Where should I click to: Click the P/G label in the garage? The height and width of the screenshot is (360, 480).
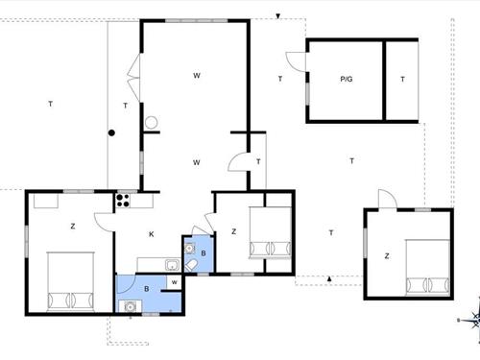pyautogui.click(x=347, y=79)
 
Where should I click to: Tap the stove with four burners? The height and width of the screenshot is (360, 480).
pyautogui.click(x=123, y=201)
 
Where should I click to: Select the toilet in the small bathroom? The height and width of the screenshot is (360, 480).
pyautogui.click(x=191, y=265)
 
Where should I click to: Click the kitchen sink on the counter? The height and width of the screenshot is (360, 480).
pyautogui.click(x=173, y=265)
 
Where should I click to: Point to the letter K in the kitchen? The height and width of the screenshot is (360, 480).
pyautogui.click(x=152, y=234)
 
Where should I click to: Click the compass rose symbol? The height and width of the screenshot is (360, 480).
pyautogui.click(x=473, y=320)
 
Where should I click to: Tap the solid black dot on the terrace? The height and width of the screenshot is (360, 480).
pyautogui.click(x=111, y=132)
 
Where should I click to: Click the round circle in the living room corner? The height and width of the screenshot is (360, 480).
pyautogui.click(x=151, y=123)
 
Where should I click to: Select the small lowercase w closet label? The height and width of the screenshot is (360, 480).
pyautogui.click(x=175, y=282)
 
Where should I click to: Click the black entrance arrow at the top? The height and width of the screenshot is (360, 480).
pyautogui.click(x=278, y=16)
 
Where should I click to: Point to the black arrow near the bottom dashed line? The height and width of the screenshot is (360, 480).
pyautogui.click(x=329, y=278)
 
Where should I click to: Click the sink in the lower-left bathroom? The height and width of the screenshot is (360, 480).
pyautogui.click(x=130, y=306)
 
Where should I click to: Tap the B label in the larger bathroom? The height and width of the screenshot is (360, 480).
pyautogui.click(x=147, y=289)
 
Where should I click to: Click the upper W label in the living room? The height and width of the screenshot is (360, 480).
pyautogui.click(x=197, y=76)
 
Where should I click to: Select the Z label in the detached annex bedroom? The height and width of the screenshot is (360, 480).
pyautogui.click(x=387, y=256)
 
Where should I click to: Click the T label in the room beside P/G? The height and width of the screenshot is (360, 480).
pyautogui.click(x=402, y=79)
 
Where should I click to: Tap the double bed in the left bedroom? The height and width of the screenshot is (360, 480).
pyautogui.click(x=71, y=281)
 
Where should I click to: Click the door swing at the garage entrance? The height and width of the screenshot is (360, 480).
pyautogui.click(x=297, y=61)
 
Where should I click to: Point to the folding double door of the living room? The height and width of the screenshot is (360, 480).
pyautogui.click(x=133, y=78)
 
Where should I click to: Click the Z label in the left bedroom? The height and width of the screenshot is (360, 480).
pyautogui.click(x=73, y=227)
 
